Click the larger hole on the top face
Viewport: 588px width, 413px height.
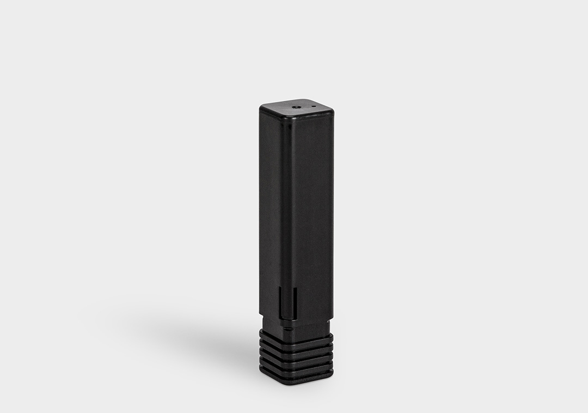tap(296, 107)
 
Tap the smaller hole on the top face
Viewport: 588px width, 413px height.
tap(314, 106)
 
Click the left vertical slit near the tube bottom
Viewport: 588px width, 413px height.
tap(280, 302)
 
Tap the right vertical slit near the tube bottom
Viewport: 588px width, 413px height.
tap(295, 303)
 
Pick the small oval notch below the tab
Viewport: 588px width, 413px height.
tap(288, 329)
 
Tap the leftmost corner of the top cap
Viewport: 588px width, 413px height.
tap(261, 108)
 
